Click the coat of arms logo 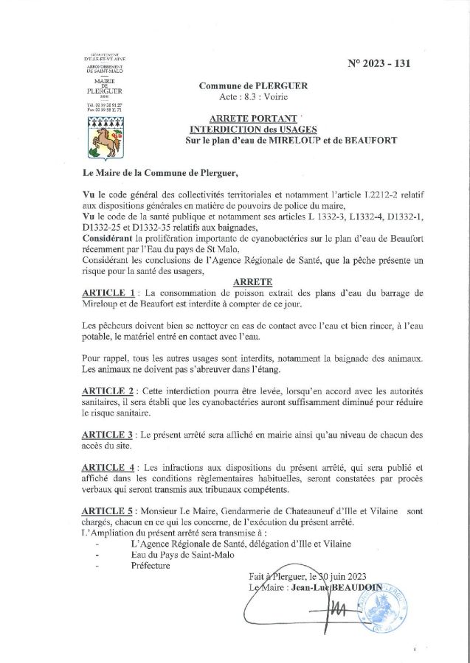click(105, 136)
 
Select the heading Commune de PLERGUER click(253, 86)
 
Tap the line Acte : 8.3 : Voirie click(252, 97)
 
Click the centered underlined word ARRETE click(252, 282)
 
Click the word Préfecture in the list click(148, 566)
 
